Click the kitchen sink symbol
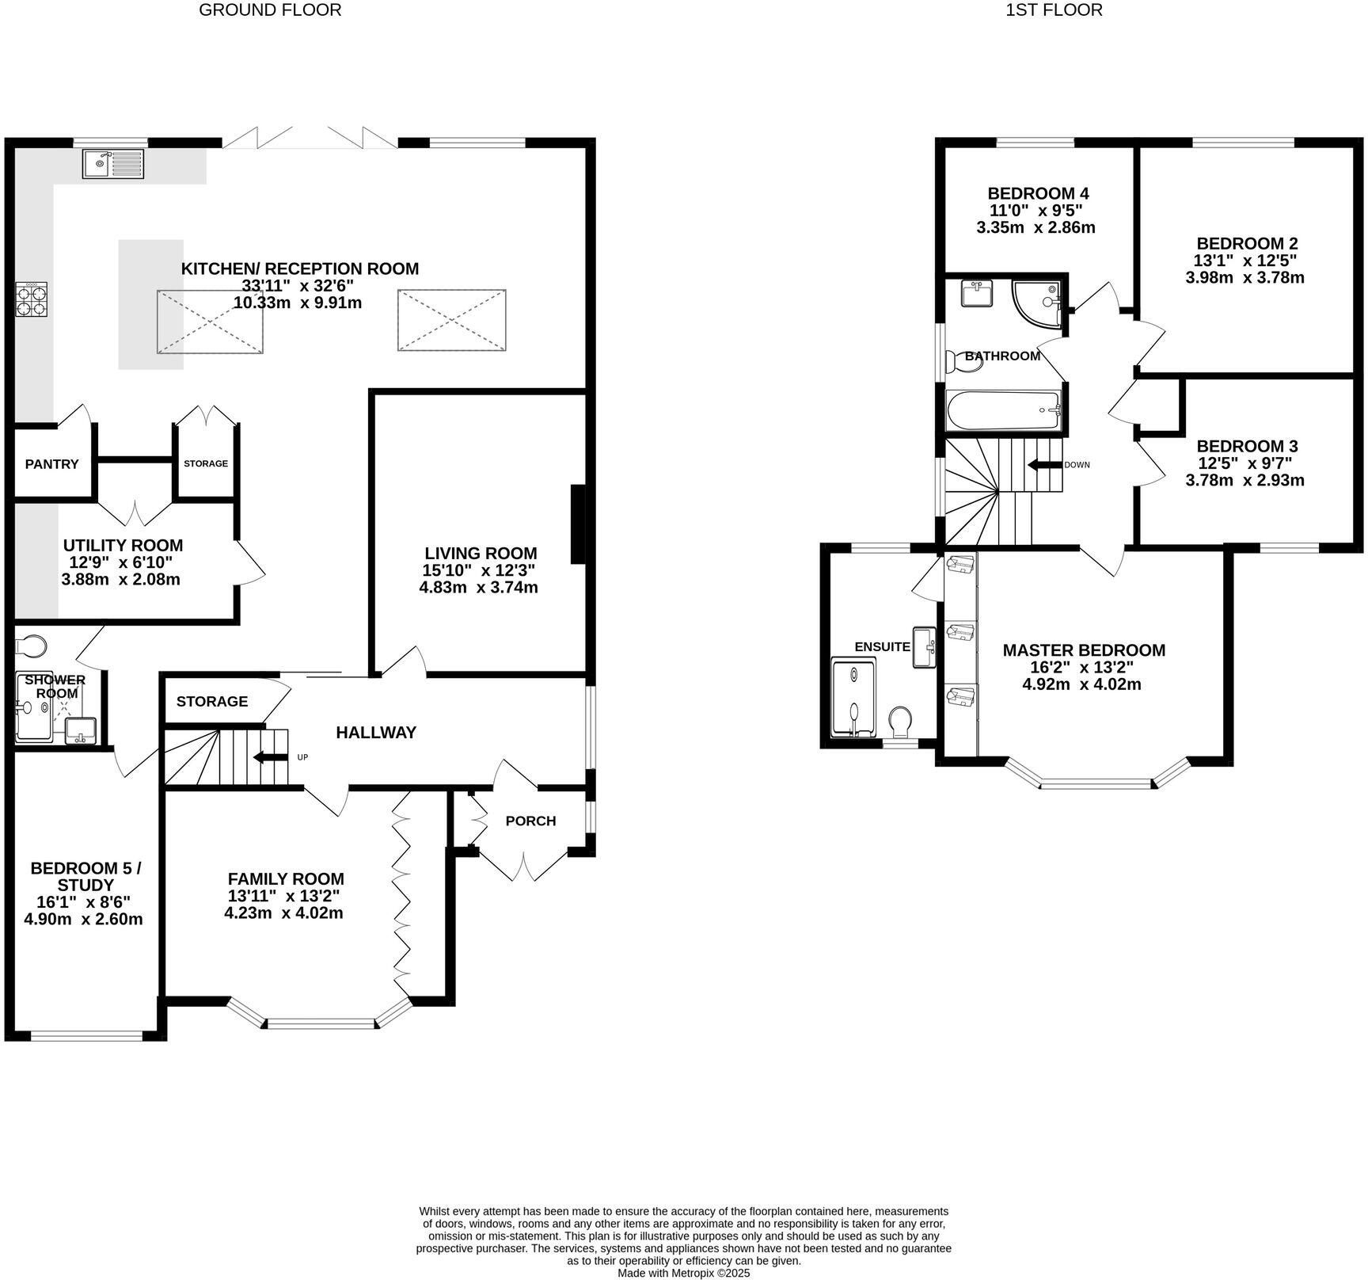point(113,164)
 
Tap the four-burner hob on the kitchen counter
point(32,299)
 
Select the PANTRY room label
point(52,464)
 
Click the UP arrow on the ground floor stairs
point(269,757)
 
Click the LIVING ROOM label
point(481,554)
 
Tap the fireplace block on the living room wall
point(578,525)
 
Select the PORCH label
point(530,821)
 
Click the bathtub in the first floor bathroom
point(1003,410)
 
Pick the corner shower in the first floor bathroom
point(1039,303)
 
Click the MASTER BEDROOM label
point(1084,650)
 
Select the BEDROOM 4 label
point(1038,193)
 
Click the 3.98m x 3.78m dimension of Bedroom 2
point(1244,277)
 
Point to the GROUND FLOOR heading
point(270,10)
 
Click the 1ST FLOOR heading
point(1054,10)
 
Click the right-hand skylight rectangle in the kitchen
point(451,320)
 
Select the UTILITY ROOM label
point(123,545)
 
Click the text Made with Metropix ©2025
point(683,1273)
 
